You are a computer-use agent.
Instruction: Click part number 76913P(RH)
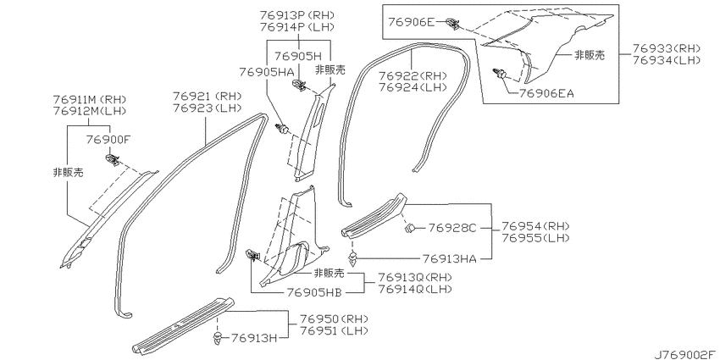[x=297, y=14]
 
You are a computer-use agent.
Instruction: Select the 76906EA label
[x=546, y=94]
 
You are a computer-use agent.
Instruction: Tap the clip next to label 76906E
[x=453, y=23]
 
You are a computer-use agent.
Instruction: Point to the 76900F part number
[x=108, y=140]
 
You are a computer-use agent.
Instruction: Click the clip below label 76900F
[x=113, y=160]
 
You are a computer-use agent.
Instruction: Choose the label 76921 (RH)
[x=207, y=97]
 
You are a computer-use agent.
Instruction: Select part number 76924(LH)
[x=413, y=86]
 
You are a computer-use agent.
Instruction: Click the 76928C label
[x=453, y=227]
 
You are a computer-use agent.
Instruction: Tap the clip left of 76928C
[x=410, y=227]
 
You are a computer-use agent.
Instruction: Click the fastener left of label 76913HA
[x=354, y=259]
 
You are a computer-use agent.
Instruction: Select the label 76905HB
[x=314, y=292]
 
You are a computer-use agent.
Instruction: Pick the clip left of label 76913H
[x=217, y=339]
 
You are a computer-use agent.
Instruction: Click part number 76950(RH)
[x=335, y=319]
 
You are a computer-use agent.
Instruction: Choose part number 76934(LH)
[x=667, y=59]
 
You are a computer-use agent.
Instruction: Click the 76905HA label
[x=266, y=72]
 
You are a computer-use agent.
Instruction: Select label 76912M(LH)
[x=90, y=110]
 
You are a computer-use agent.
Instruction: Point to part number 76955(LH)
[x=535, y=238]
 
